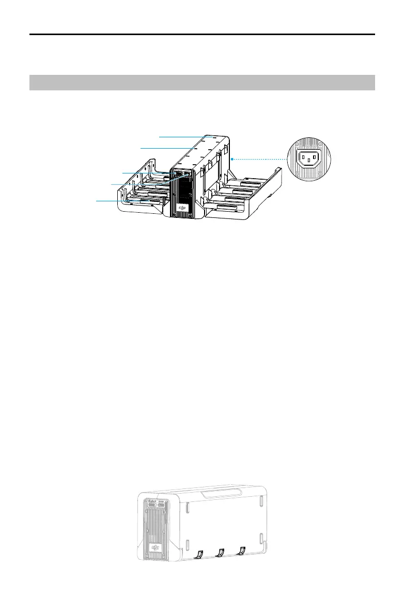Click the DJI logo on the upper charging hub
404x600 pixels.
coord(181,208)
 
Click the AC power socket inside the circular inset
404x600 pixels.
coord(308,156)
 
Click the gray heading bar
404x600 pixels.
coord(202,83)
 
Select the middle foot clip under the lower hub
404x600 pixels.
coord(220,553)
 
